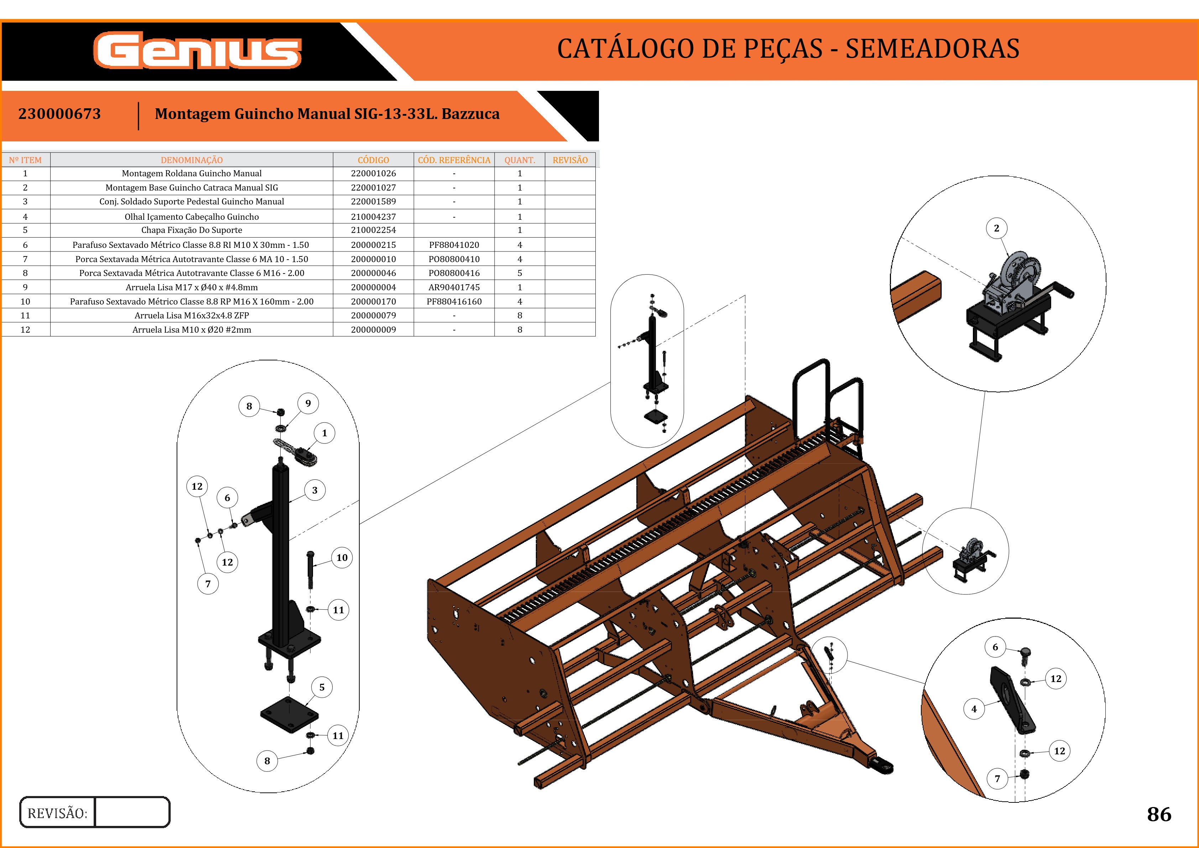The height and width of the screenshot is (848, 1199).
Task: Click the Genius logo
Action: point(197,51)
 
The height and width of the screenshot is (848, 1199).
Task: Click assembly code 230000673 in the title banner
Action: point(59,114)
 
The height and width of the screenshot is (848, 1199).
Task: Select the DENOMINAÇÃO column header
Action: point(192,160)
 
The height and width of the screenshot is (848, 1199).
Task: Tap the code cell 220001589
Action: point(374,202)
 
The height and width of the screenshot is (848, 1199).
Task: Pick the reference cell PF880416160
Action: point(454,301)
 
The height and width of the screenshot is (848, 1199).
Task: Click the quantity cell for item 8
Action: point(519,273)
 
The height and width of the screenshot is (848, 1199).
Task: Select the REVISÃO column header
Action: point(570,160)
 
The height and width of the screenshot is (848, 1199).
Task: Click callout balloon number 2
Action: point(996,228)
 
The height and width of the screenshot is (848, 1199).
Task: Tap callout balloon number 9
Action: point(308,403)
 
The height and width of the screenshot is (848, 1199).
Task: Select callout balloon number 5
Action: point(322,687)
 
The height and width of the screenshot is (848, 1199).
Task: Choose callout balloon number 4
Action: point(974,709)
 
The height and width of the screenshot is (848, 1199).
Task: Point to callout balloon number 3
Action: point(314,490)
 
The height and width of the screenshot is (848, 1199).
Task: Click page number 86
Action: point(1159,814)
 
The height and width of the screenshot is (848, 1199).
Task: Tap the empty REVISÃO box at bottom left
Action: point(132,812)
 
